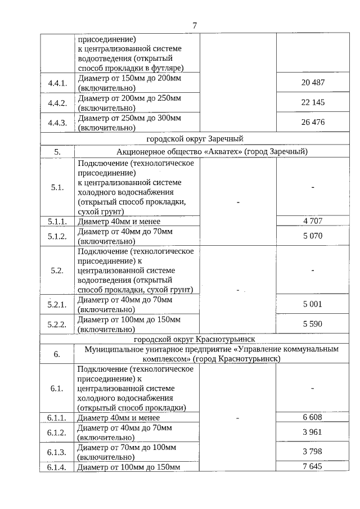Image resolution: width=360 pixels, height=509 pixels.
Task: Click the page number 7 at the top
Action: [x=195, y=26]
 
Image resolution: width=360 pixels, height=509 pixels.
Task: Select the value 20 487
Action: [x=313, y=83]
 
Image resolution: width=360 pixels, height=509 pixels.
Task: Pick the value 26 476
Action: [x=313, y=122]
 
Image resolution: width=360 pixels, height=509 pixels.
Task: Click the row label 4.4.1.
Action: [x=57, y=83]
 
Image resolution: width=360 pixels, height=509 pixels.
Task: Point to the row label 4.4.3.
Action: [x=57, y=122]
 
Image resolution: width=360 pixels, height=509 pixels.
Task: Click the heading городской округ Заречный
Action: [x=195, y=138]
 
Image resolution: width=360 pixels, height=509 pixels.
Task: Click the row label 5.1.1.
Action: [x=57, y=221]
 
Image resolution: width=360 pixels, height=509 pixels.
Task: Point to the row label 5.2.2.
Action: [x=57, y=324]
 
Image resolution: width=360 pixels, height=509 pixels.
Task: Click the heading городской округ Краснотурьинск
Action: [x=195, y=340]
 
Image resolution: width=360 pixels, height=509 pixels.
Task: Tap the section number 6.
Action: [x=57, y=354]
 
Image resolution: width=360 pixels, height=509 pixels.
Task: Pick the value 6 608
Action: [x=313, y=417]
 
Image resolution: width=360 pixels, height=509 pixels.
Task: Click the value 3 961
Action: [x=313, y=432]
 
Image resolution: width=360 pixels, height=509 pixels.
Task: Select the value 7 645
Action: [x=313, y=467]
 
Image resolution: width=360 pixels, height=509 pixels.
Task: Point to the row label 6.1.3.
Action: [x=57, y=452]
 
